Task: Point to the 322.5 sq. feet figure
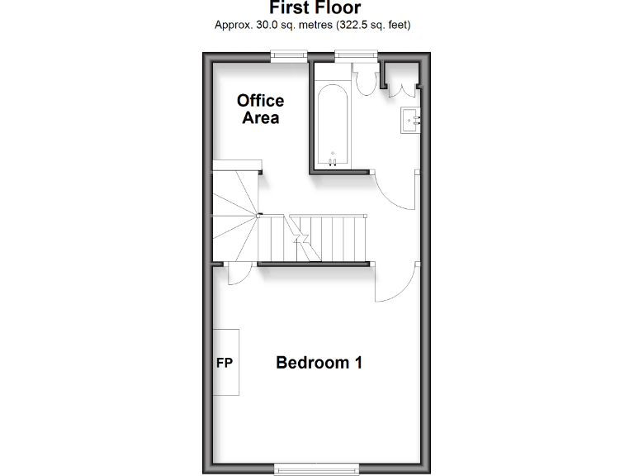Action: [372, 25]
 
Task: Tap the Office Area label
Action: [260, 109]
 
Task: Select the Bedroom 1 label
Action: [319, 362]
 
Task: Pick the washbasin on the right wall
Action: [412, 120]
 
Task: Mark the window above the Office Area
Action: [289, 55]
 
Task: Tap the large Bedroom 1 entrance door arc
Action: [395, 286]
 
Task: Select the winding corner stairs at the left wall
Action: [234, 215]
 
